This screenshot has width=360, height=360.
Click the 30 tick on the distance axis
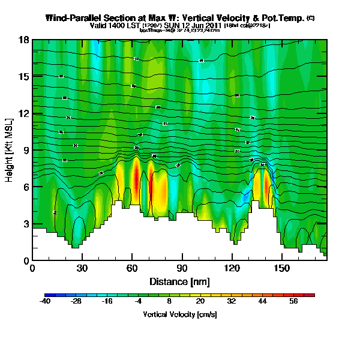point(82,269)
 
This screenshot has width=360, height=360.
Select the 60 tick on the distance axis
point(132,269)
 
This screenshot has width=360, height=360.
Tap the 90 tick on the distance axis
point(182,269)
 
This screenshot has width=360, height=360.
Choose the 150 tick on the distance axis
point(281,269)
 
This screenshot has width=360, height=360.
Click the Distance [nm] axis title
point(179,281)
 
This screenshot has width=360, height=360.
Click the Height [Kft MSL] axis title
point(10,150)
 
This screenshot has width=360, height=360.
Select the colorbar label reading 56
point(294,302)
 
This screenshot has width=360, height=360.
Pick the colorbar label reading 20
point(201,302)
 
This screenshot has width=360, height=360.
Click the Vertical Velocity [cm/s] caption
point(179,314)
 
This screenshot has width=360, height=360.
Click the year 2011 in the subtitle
point(214,26)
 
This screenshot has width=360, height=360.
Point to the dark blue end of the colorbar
point(49,295)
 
